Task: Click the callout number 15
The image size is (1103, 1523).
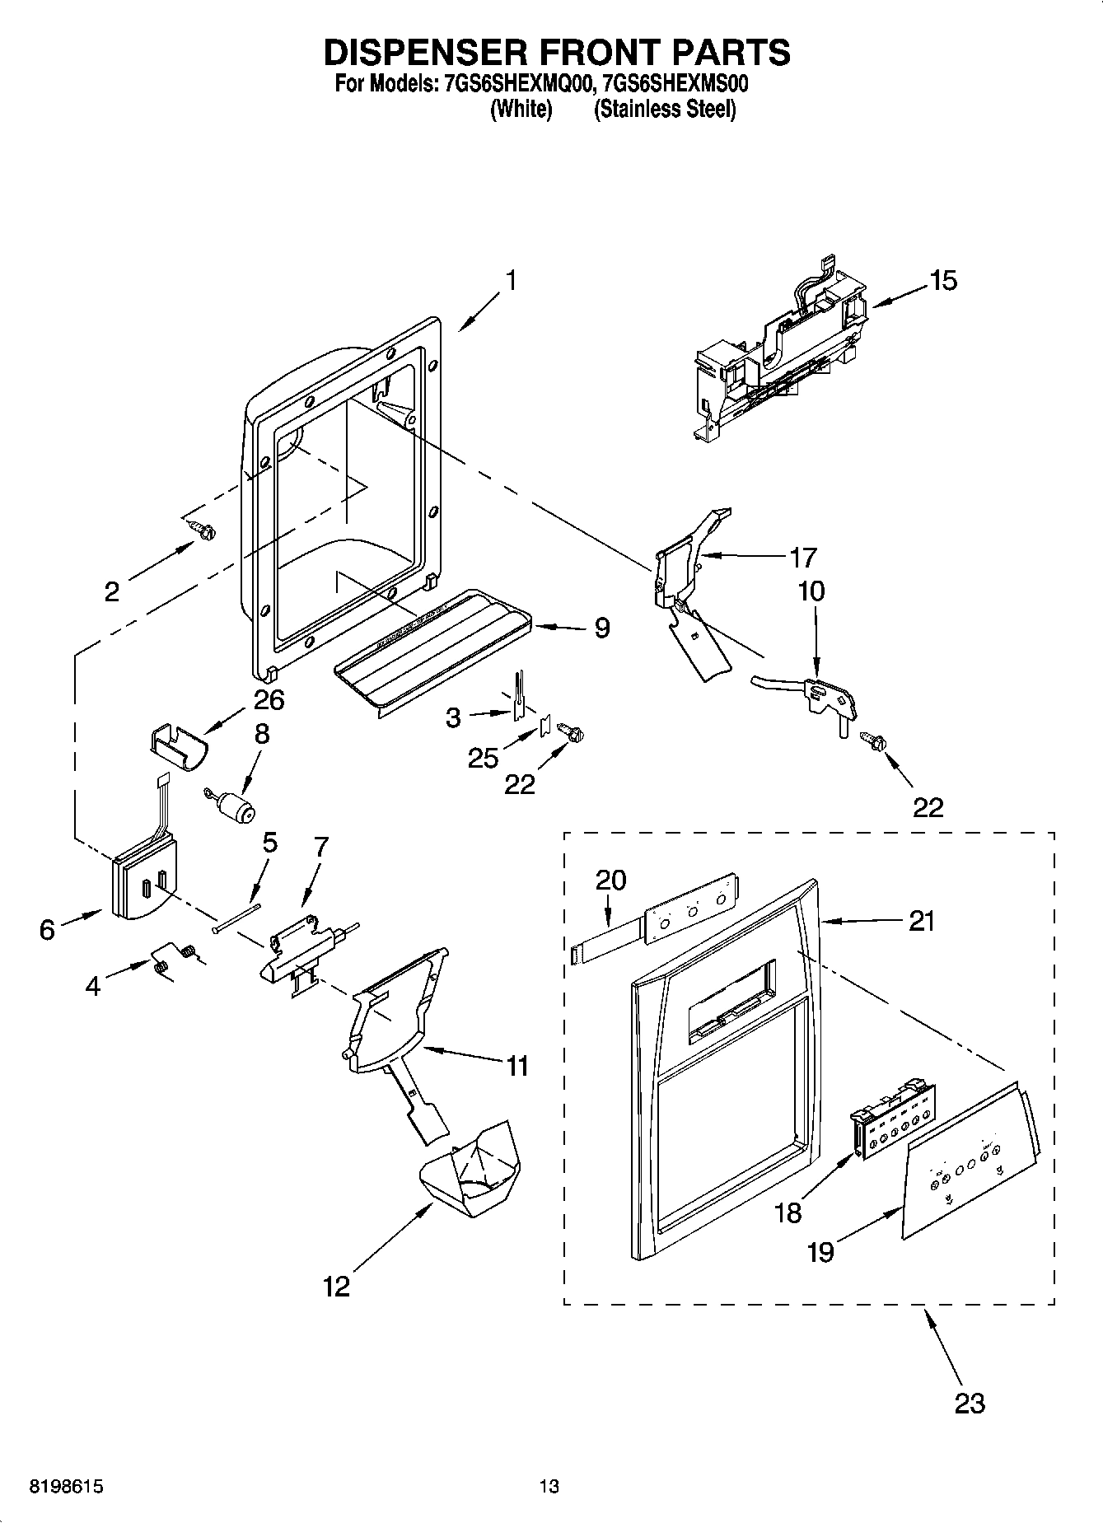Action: coord(943,280)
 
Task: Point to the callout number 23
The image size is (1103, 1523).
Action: coord(969,1402)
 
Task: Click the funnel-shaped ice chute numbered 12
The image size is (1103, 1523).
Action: coord(472,1170)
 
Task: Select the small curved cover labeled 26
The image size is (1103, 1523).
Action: coord(178,749)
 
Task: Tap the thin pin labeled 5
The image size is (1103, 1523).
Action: coord(236,919)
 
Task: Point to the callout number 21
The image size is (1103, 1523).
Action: coord(921,920)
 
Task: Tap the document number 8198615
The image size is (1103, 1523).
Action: coord(66,1487)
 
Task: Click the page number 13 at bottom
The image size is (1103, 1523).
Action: coord(549,1487)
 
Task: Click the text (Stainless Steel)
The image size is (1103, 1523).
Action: coord(664,109)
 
